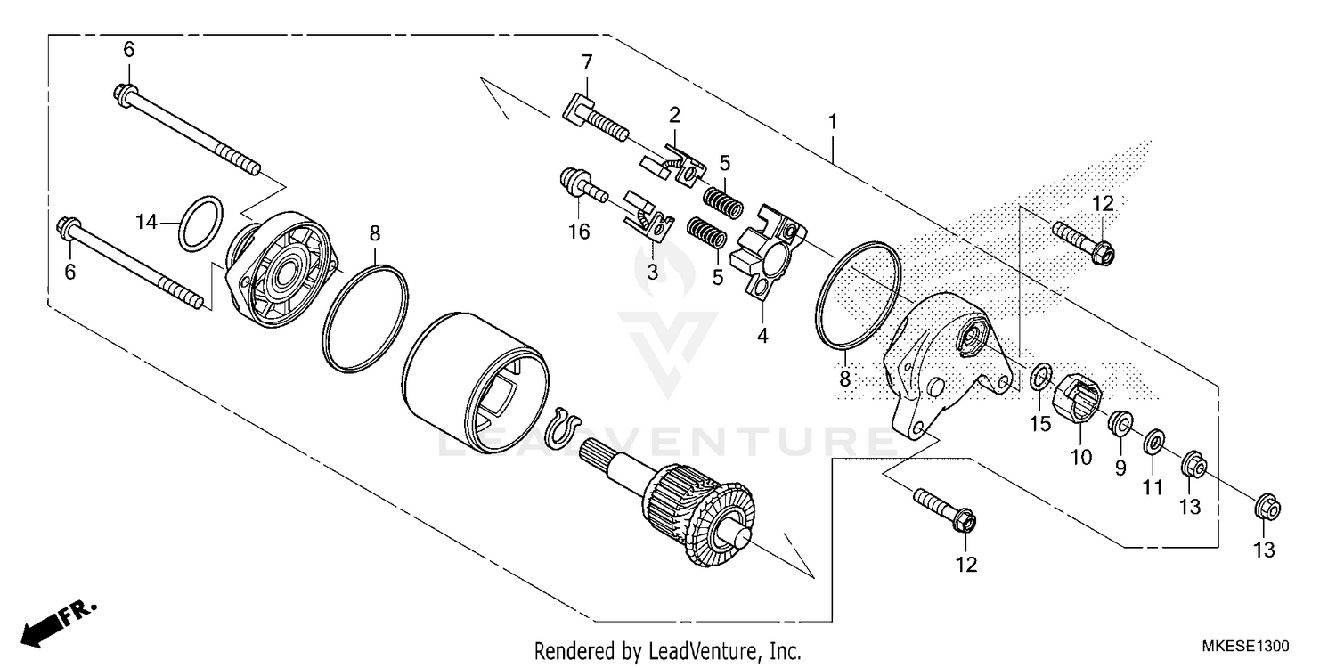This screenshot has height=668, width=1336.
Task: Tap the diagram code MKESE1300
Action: click(x=1246, y=646)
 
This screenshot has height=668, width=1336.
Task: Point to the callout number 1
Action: click(x=834, y=120)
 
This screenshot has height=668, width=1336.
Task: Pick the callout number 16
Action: click(x=579, y=232)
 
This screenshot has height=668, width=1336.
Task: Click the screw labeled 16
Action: click(x=576, y=184)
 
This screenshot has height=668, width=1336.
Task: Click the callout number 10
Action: click(x=1080, y=458)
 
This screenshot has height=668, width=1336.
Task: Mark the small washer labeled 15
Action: click(x=1039, y=378)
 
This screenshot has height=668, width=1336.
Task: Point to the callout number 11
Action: click(x=1153, y=487)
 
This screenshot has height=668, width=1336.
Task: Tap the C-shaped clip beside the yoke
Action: click(x=563, y=426)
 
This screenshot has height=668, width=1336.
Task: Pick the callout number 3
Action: click(x=653, y=272)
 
